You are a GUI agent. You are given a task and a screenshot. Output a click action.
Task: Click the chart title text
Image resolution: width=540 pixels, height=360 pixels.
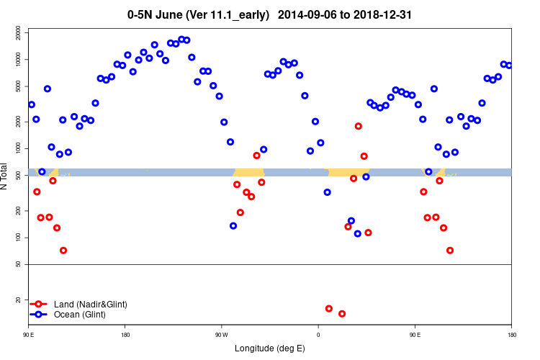click(x=270, y=14)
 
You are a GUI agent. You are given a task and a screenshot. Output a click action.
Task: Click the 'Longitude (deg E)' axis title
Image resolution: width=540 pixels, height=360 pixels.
click(x=270, y=348)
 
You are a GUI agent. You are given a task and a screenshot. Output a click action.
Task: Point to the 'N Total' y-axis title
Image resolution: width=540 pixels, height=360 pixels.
click(x=6, y=176)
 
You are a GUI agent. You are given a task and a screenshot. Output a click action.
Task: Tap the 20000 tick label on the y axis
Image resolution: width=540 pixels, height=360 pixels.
click(x=18, y=32)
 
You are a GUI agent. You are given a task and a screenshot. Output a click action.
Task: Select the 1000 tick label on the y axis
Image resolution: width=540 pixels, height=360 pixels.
click(x=18, y=148)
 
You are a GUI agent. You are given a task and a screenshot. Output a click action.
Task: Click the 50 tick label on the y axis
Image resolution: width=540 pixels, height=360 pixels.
click(x=18, y=264)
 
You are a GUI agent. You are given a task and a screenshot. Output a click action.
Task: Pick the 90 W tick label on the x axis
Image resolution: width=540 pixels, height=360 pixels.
click(x=221, y=335)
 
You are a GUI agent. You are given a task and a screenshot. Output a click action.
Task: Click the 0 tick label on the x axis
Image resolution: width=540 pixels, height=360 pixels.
click(x=318, y=335)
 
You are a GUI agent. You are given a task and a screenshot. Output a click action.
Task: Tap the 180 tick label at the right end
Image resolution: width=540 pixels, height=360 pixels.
click(x=511, y=335)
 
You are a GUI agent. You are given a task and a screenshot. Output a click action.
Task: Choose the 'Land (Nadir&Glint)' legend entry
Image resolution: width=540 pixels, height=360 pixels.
click(x=91, y=305)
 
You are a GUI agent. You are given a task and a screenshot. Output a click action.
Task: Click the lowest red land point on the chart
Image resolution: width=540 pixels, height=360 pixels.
click(x=342, y=314)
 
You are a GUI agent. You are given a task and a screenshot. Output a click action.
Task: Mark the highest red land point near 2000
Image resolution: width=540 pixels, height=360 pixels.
click(x=359, y=126)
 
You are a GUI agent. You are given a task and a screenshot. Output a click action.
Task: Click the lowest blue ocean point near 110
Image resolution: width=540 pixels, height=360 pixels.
click(x=358, y=234)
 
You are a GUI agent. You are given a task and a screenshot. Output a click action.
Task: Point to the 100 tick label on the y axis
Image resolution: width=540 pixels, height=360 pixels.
click(x=18, y=238)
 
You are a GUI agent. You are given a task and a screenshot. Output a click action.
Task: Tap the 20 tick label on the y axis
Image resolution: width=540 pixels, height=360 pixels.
click(x=18, y=300)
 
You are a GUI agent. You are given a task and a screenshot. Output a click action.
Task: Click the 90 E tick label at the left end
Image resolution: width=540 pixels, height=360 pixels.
click(x=29, y=335)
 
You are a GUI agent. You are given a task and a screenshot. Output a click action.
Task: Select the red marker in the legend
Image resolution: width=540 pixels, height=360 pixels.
click(x=40, y=305)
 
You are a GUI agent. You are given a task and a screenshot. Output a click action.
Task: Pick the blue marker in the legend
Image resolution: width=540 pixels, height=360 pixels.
click(x=40, y=315)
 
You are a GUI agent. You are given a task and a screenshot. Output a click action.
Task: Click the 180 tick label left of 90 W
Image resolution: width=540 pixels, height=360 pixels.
click(x=125, y=335)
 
